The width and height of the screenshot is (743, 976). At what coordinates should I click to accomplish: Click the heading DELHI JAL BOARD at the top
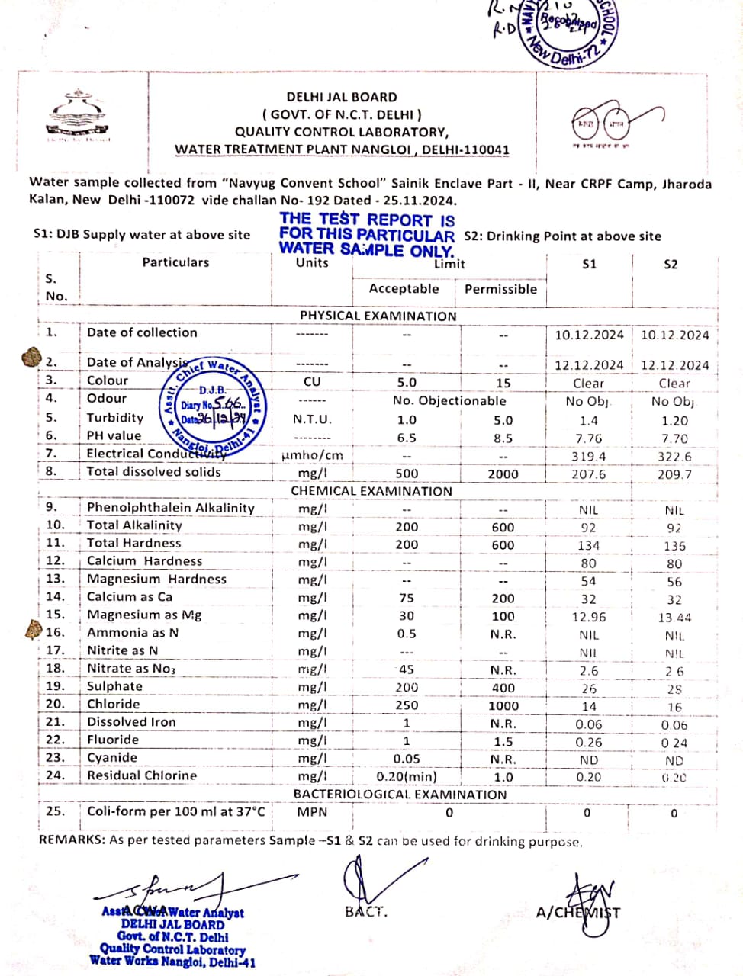click(x=341, y=98)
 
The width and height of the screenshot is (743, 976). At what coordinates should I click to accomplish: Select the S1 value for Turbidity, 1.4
click(x=588, y=420)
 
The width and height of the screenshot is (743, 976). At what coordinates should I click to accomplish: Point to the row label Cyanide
click(x=112, y=757)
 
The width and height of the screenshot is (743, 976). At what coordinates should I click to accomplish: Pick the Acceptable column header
click(x=404, y=289)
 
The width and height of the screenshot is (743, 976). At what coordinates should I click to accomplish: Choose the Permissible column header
click(x=500, y=289)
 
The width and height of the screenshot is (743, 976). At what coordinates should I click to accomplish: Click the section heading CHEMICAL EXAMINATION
click(x=371, y=491)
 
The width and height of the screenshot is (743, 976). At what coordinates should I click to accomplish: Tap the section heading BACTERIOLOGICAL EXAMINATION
click(x=400, y=794)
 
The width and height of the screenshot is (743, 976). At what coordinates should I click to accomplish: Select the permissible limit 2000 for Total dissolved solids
click(x=503, y=474)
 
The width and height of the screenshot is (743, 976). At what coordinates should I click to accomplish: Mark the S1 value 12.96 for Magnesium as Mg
click(x=588, y=617)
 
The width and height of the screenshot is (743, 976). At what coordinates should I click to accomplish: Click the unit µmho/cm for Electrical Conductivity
click(x=312, y=455)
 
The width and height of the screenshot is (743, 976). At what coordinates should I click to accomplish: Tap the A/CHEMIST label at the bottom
click(x=577, y=913)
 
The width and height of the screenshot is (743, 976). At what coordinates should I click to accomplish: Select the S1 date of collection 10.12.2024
click(x=588, y=335)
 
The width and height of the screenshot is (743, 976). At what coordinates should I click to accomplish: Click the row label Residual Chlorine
click(x=142, y=775)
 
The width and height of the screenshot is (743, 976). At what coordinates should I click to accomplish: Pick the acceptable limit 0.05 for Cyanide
click(x=406, y=759)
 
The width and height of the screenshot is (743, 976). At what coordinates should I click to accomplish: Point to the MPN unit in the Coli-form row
click(x=312, y=812)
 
